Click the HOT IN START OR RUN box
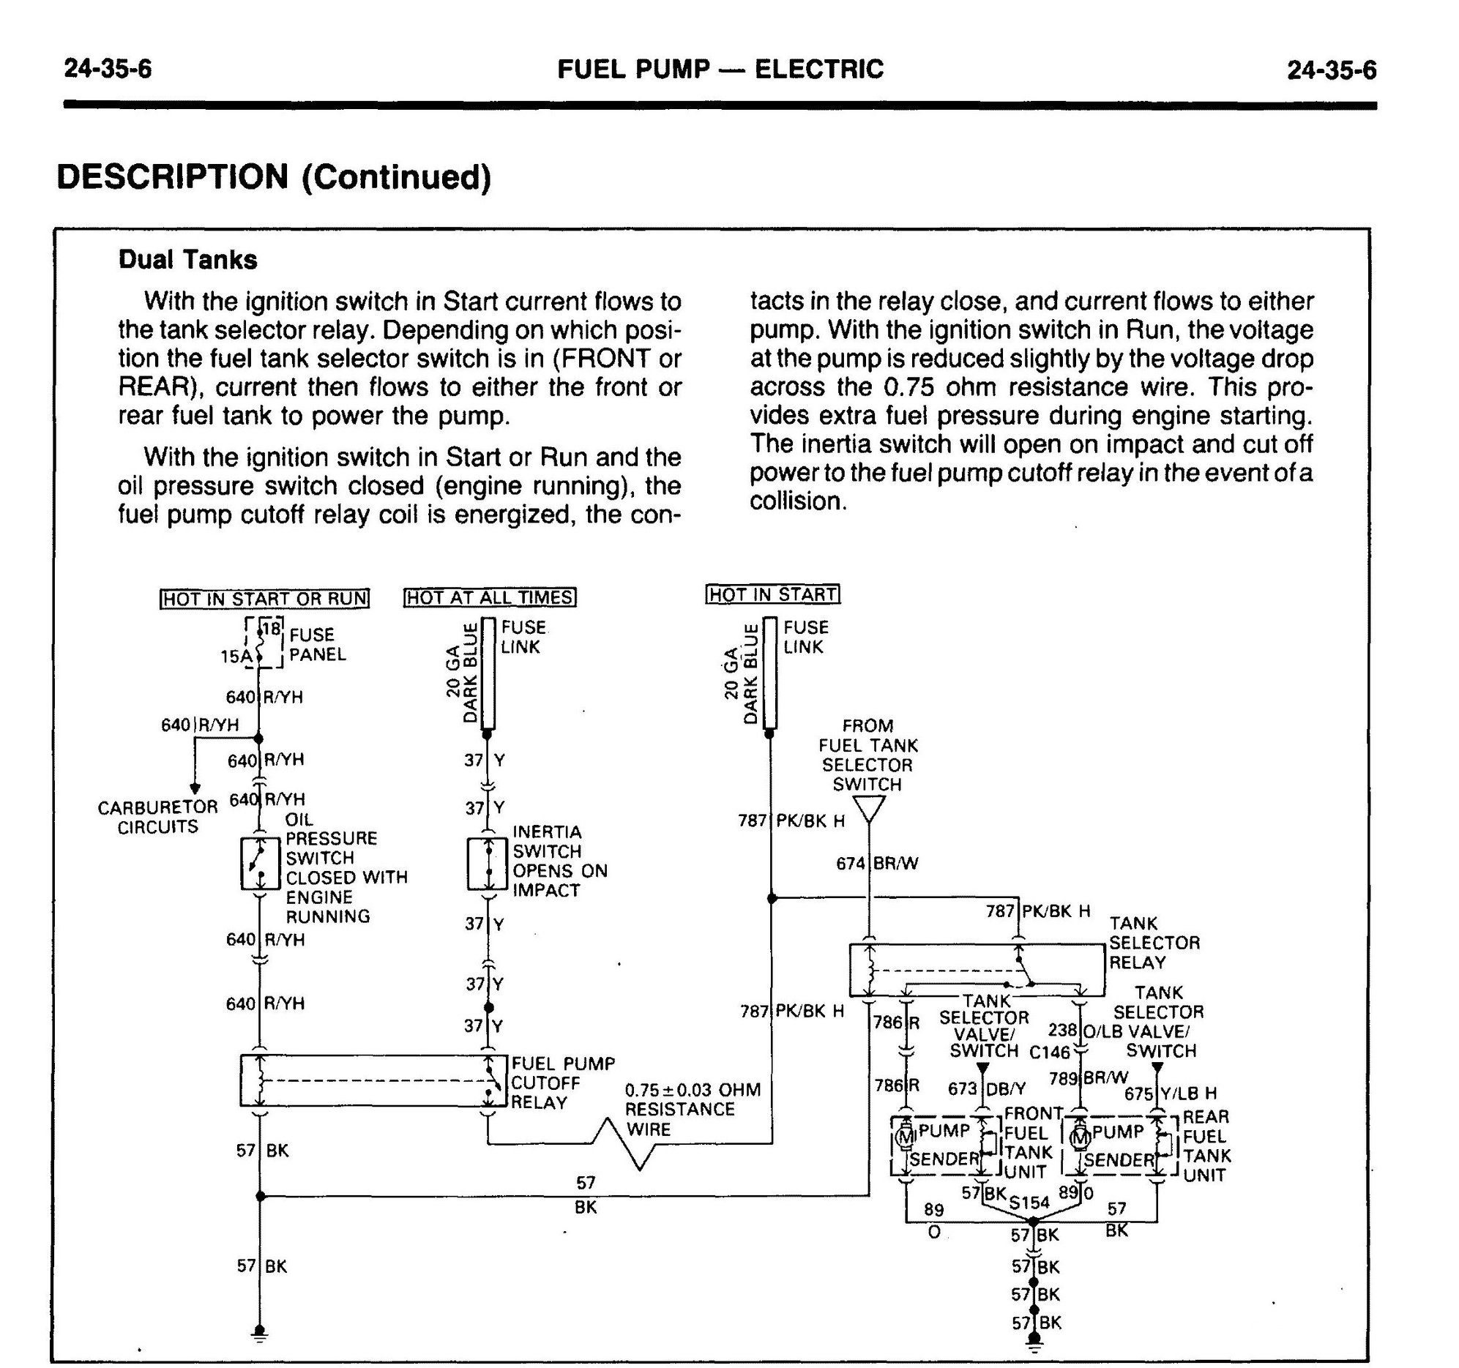(x=264, y=599)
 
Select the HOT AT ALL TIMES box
(x=490, y=597)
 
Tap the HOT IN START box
(x=773, y=594)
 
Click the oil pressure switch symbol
(x=260, y=864)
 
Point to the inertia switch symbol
(x=488, y=864)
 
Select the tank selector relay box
(x=977, y=971)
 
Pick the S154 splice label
(x=1029, y=1203)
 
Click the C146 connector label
(x=1050, y=1053)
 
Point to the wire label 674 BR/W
(x=878, y=864)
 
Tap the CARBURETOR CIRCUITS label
(x=158, y=817)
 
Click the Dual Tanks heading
(x=188, y=260)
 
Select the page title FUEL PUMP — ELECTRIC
(x=720, y=69)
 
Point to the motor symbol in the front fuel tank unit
(x=905, y=1138)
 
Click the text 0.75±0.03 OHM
(x=692, y=1090)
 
